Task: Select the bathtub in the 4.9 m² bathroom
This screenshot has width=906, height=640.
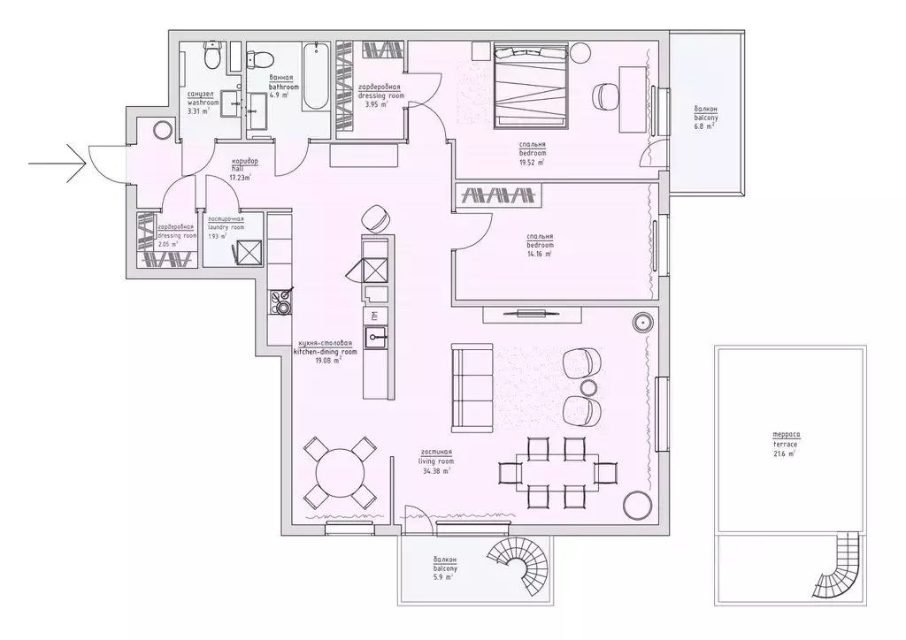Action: (x=316, y=78)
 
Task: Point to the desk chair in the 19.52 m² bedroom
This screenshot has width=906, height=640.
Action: (x=604, y=95)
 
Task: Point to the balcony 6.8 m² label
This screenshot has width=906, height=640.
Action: (x=705, y=116)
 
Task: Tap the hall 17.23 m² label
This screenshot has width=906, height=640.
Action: (x=240, y=169)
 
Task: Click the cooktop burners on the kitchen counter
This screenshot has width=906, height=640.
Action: (x=281, y=301)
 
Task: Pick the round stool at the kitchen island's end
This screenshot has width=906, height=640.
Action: (x=376, y=217)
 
